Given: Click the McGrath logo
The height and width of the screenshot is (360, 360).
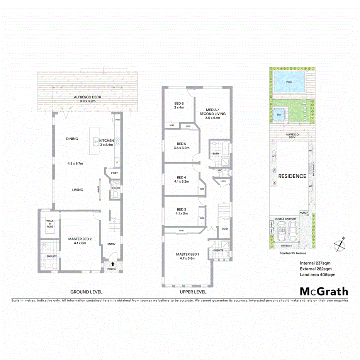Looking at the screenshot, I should [324, 292].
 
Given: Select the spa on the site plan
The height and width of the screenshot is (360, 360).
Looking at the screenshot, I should [278, 115].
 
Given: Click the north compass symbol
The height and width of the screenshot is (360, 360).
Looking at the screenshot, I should [340, 244].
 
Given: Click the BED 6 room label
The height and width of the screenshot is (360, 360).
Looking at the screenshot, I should [178, 103].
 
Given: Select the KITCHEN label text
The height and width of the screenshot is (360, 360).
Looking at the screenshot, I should [106, 141].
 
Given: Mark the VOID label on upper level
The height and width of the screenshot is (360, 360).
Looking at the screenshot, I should [225, 229].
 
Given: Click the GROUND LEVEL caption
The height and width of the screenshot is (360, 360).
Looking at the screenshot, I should [86, 292].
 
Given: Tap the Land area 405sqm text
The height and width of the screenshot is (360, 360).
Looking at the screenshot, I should [318, 275].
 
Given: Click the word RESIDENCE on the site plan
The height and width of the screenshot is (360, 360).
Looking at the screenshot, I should [292, 176].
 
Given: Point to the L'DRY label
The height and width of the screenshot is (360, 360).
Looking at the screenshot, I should [114, 173].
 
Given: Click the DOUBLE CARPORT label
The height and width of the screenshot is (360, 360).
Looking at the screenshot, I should [285, 219].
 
